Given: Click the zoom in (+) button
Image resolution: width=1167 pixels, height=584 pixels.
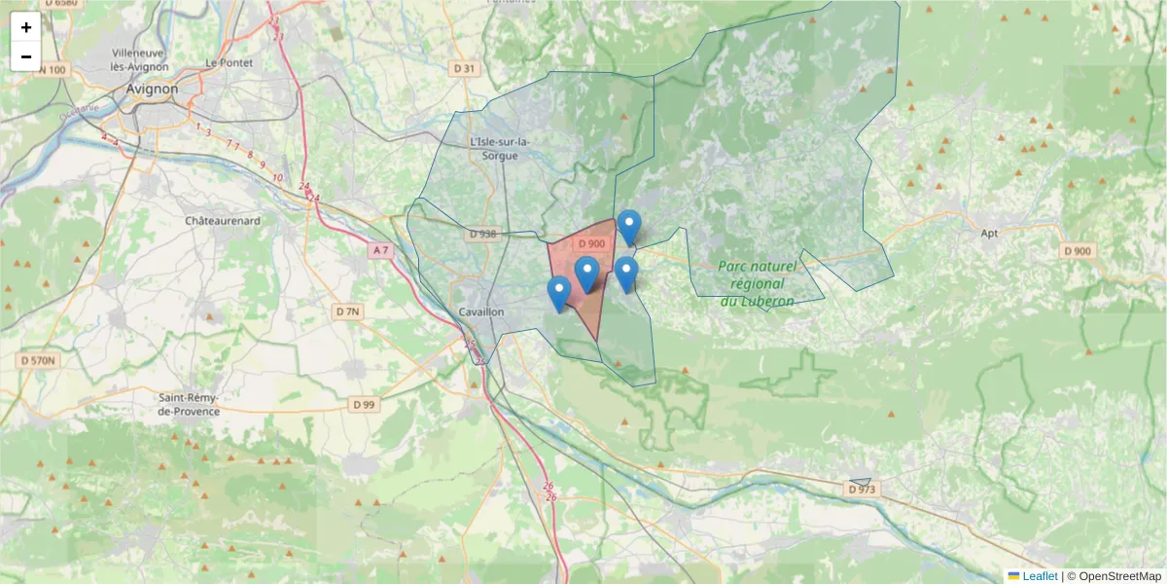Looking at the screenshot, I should click(x=26, y=27).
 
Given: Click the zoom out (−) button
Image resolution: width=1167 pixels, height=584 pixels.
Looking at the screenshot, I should click(x=26, y=56).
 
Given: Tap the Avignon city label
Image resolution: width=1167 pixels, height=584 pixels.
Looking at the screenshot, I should click(x=153, y=89).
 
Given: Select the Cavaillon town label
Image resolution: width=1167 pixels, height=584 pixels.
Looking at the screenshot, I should click(x=481, y=311).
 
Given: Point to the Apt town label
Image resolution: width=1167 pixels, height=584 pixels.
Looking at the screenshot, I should click(x=990, y=234).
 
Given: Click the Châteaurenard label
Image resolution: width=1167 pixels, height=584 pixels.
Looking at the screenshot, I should click(x=223, y=221).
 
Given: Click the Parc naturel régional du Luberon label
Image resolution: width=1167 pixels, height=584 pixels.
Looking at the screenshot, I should click(x=757, y=283).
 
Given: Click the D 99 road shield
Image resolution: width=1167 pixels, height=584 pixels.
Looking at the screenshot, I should click(x=364, y=404).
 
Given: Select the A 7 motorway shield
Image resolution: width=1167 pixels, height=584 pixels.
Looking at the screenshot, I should click(x=380, y=251).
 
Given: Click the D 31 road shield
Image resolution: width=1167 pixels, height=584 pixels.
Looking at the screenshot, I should click(x=465, y=68).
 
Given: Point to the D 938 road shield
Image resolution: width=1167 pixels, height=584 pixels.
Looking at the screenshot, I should click(x=481, y=234).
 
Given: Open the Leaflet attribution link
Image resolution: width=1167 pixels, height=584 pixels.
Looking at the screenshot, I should click(x=1039, y=576).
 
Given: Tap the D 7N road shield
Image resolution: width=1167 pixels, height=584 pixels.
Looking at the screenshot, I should click(x=347, y=311).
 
